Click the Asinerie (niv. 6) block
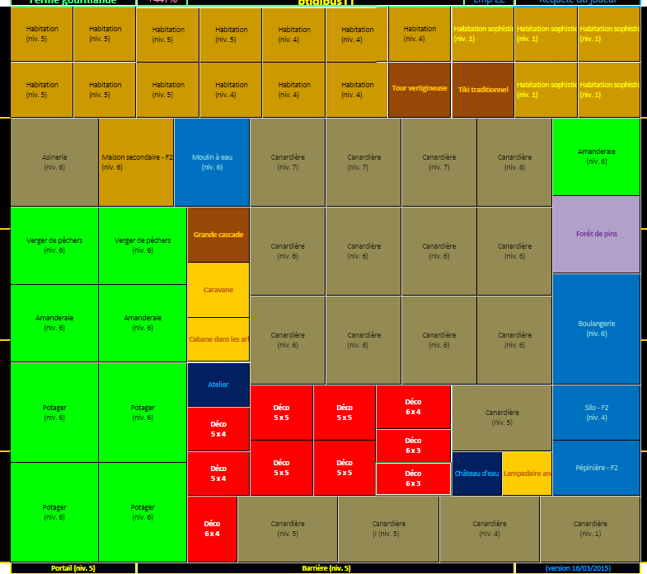click(54, 162)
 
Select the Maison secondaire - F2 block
click(136, 162)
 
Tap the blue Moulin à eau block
click(212, 162)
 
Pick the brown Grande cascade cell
click(218, 235)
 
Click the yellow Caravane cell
click(218, 290)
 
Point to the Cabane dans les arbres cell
click(218, 339)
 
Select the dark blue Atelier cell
click(218, 385)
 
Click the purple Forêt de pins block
click(596, 234)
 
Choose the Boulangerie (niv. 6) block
click(596, 329)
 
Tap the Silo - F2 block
click(596, 413)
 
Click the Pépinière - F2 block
click(596, 468)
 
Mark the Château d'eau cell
click(476, 474)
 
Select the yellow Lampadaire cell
click(527, 474)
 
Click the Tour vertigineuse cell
click(420, 89)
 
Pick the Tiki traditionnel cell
click(482, 89)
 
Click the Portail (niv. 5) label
click(73, 568)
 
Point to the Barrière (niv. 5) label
click(326, 568)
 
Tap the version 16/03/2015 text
click(577, 568)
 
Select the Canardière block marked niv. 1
click(590, 529)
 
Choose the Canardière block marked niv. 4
click(490, 529)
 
